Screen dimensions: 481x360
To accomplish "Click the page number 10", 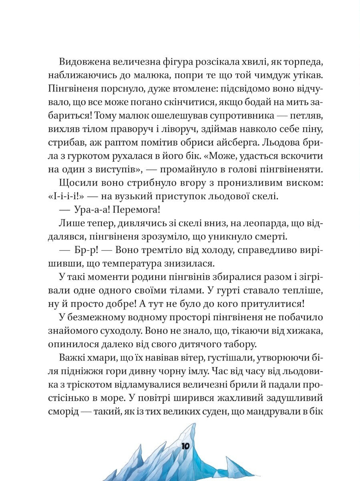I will click(187, 447).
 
